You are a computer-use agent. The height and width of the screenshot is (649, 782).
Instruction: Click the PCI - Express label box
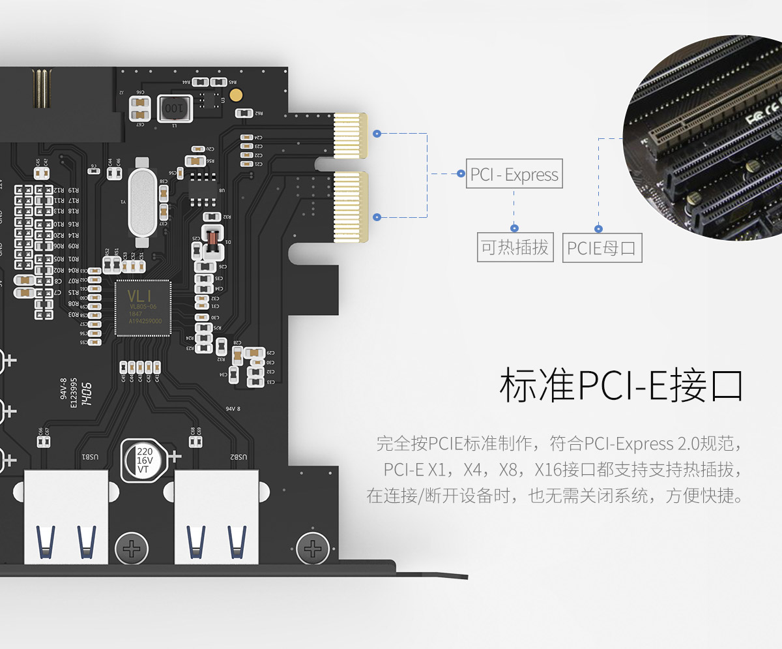[514, 175]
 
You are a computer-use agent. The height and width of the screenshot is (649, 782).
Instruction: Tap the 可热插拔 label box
[514, 248]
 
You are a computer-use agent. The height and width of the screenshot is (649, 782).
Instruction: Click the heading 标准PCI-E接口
[621, 385]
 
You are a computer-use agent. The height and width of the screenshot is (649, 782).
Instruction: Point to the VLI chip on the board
[142, 307]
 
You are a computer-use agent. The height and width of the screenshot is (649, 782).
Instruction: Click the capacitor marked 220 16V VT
[144, 459]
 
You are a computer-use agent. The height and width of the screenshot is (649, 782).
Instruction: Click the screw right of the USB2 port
[312, 547]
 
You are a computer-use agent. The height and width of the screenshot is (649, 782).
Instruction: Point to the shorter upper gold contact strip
[351, 135]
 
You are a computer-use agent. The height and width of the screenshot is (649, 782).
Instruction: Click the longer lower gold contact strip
[351, 204]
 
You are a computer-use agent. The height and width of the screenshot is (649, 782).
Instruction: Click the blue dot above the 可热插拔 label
[514, 228]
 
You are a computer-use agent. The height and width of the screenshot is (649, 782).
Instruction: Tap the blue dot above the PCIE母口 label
[599, 228]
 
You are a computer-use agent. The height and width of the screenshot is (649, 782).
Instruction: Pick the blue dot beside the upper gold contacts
[377, 133]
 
